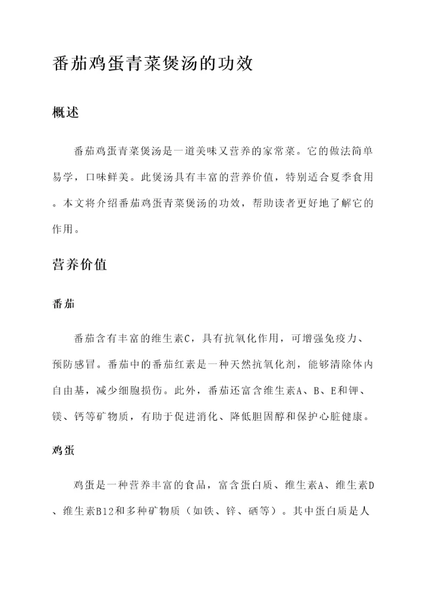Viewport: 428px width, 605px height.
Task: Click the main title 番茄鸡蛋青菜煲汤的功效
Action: pos(153,64)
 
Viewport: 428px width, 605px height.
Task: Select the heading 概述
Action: pos(66,112)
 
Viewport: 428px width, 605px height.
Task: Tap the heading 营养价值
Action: pos(80,265)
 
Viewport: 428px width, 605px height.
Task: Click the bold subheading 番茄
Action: pos(64,304)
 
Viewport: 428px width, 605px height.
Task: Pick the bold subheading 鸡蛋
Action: pos(64,450)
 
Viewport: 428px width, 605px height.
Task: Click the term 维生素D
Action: pos(355,485)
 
